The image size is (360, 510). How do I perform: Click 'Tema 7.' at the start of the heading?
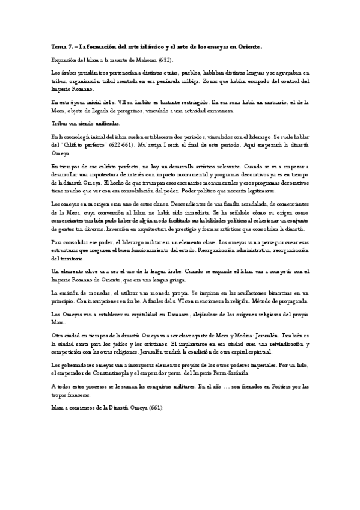pyautogui.click(x=61, y=46)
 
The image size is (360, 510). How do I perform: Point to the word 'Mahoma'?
pyautogui.click(x=145, y=60)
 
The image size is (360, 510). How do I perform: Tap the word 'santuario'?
pyautogui.click(x=285, y=102)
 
